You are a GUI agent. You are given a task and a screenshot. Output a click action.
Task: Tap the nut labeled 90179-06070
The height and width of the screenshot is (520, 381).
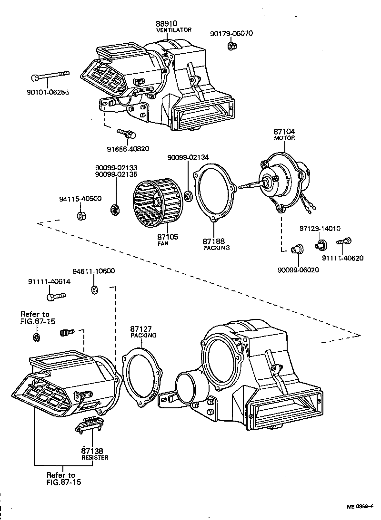point(231,46)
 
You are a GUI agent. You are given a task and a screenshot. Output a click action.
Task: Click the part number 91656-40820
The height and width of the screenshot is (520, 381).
point(127,148)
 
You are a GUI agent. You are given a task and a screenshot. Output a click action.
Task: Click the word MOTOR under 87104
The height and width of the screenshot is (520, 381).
point(284,138)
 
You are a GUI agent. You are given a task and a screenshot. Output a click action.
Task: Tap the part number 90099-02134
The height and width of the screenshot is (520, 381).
point(188,157)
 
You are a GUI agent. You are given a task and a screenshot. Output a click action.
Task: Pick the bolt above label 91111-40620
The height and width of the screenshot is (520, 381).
point(344,242)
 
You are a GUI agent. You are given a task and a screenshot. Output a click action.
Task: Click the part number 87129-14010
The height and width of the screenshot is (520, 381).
point(320,228)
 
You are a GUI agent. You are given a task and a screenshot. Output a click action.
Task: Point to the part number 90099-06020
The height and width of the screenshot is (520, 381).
point(298,270)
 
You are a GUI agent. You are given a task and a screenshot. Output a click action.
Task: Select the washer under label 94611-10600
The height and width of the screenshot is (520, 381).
point(94,289)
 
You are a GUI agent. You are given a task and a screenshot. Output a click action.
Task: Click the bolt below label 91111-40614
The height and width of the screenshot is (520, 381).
point(56,297)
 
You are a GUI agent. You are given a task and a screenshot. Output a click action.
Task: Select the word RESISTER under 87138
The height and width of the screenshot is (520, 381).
point(94,457)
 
